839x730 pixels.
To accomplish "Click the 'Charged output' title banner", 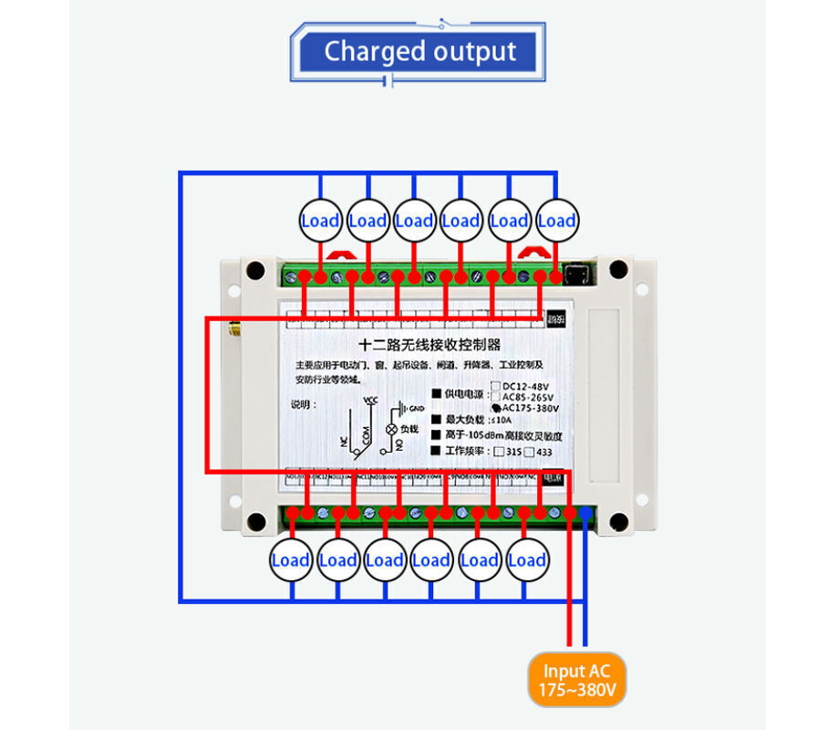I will pos(419,51).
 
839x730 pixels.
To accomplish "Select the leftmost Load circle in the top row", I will pos(320,220).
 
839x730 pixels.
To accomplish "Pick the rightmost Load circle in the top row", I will pos(556,220).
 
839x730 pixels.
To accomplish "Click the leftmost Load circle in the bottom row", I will pos(290,560).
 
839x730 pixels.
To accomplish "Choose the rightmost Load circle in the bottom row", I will pos(526,560).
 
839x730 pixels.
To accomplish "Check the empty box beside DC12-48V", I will pos(497,386).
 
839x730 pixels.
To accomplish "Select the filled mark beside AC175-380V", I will pos(497,407).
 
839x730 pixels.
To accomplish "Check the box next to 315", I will pos(499,452).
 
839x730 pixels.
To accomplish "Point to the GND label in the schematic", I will pos(415,408).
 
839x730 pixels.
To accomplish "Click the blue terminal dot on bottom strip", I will pos(585,514).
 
